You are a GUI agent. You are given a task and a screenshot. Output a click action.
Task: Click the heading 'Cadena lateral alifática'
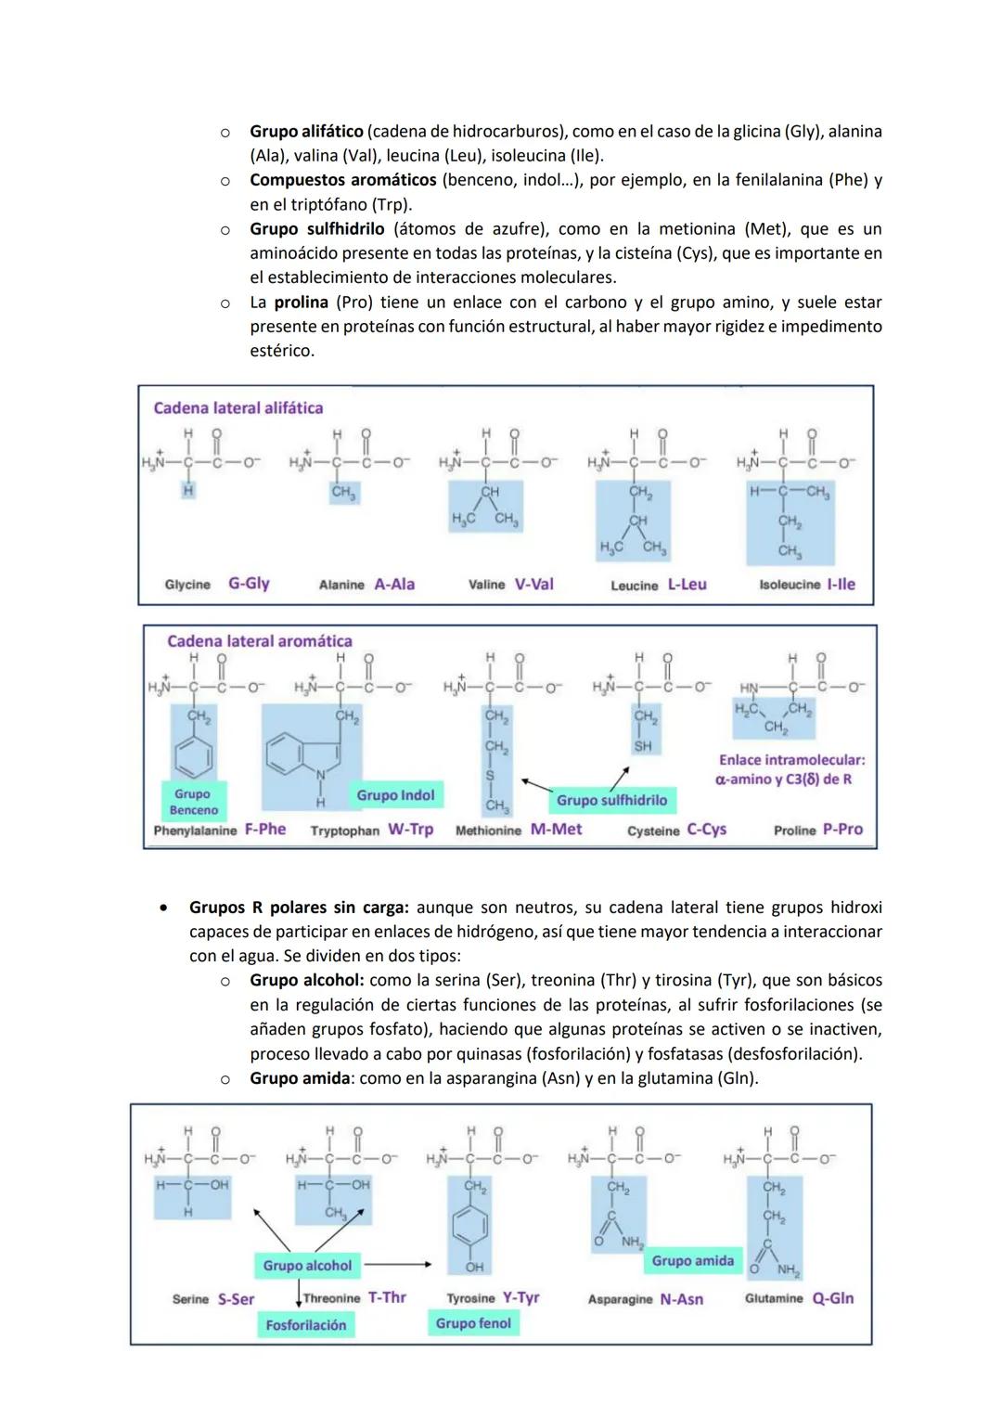point(238,408)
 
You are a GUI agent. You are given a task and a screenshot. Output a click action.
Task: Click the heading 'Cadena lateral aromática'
point(260,641)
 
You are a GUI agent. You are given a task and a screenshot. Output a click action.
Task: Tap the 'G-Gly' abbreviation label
point(249,584)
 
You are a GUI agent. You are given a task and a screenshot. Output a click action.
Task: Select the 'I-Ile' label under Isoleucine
point(841,585)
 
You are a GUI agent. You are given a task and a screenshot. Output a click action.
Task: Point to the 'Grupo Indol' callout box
point(395,795)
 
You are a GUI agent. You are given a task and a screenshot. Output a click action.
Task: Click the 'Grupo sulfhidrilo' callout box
point(611,800)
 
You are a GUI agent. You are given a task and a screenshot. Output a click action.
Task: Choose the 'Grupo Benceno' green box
point(193,802)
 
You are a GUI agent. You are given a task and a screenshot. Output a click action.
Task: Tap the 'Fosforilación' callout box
point(305,1325)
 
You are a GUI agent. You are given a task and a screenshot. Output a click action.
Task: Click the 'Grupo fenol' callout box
point(473,1323)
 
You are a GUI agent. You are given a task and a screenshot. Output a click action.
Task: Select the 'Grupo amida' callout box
point(692,1260)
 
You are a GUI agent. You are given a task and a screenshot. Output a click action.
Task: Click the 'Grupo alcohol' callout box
point(307,1266)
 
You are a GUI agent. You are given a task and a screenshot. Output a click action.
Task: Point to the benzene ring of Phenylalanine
point(193,758)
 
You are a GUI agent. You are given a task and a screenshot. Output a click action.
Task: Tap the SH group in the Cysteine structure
point(643,746)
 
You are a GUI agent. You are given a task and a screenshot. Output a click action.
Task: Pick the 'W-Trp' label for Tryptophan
point(410,830)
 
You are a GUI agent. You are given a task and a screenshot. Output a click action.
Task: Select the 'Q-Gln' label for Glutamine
point(833,1298)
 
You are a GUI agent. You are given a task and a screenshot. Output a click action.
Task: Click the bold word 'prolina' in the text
point(301,303)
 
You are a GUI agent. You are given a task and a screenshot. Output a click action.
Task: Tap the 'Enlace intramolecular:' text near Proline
point(791,760)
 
